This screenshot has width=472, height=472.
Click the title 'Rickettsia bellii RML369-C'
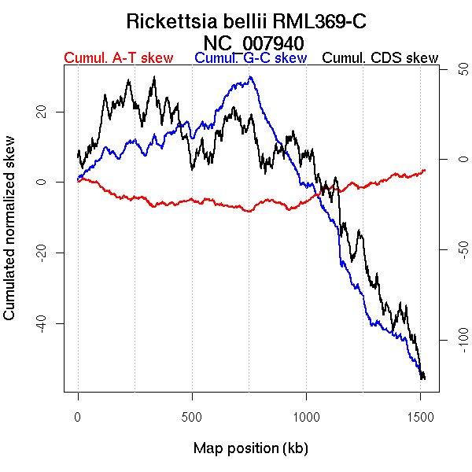coord(246,21)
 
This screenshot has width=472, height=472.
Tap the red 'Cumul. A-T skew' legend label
coord(119,58)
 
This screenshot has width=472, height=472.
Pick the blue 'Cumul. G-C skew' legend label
coord(250,58)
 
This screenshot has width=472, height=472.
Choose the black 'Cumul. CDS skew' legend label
coord(381,58)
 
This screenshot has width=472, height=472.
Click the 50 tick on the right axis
coord(452,71)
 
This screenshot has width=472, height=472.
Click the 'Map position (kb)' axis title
coord(250,448)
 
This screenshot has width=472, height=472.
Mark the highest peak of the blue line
coord(250,77)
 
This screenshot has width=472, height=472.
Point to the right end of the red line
coord(425,170)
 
